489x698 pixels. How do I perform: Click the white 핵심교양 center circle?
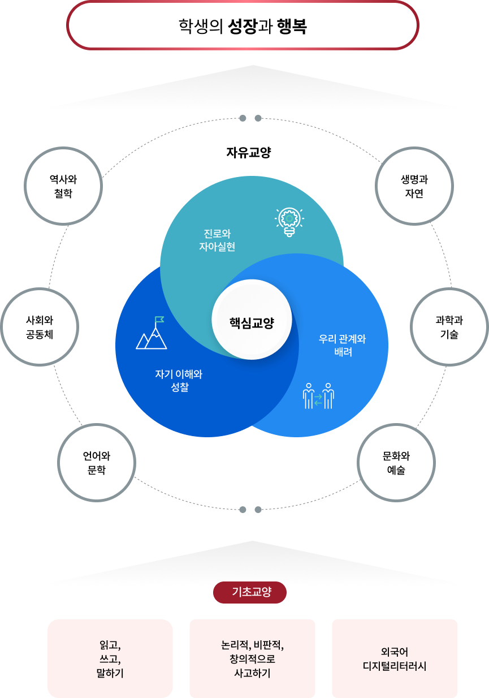(x=252, y=320)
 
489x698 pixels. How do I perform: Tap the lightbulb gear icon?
(x=289, y=222)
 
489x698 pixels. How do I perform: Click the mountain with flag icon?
(x=152, y=333)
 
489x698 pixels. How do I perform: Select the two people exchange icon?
(x=318, y=396)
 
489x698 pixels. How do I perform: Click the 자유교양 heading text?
(x=249, y=153)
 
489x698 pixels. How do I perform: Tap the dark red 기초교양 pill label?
(x=250, y=592)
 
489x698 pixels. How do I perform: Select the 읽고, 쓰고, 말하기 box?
(x=110, y=658)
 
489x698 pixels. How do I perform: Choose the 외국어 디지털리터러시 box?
(x=395, y=658)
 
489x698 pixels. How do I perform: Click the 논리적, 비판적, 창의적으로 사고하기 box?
(x=252, y=658)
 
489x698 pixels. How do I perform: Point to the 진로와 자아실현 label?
(x=217, y=240)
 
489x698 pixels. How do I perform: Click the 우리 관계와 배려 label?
(x=343, y=345)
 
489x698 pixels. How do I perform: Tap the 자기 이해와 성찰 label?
(x=179, y=381)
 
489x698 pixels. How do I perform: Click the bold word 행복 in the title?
(x=292, y=26)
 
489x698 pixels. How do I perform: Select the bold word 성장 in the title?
(x=243, y=26)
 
